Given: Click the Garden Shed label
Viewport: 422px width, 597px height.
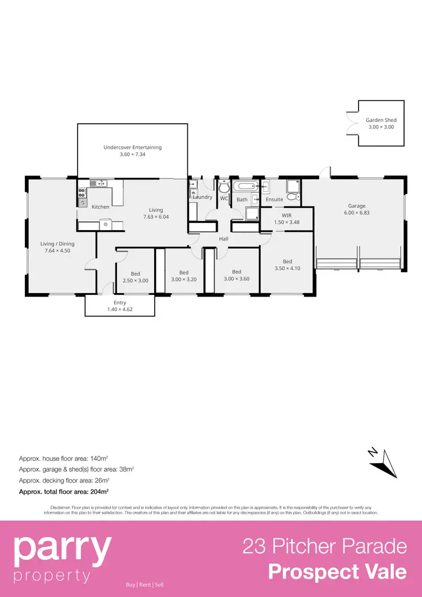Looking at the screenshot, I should point(381,120).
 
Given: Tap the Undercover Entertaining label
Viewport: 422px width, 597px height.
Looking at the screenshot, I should point(132,147).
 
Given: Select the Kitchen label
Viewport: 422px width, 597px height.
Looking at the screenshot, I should point(101,207).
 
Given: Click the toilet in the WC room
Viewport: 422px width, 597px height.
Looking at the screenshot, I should point(224,187).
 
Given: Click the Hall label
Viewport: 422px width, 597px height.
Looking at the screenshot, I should point(224,239).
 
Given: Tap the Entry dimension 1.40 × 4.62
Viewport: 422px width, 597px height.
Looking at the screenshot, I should point(119,309).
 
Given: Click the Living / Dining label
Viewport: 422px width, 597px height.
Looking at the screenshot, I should point(57,244).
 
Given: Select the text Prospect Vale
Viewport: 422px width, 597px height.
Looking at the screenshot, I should point(337,572).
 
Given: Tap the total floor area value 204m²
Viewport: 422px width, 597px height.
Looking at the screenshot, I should point(99,491).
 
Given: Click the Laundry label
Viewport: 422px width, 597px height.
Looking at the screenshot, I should point(203,197).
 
